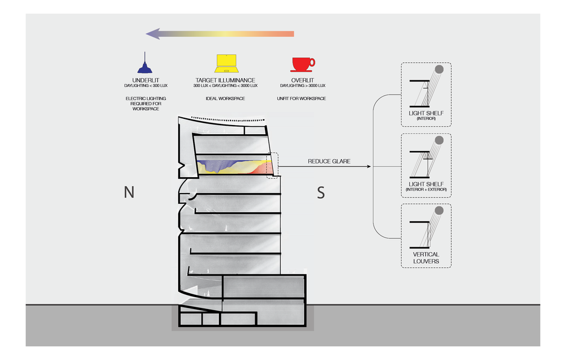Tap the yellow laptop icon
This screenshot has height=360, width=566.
point(225,63)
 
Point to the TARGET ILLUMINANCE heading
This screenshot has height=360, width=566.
point(225,80)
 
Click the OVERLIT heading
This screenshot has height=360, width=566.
point(303,80)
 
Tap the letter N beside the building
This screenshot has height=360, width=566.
point(129,192)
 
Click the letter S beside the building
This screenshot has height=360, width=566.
point(321,192)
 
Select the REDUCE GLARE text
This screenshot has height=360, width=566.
point(329,161)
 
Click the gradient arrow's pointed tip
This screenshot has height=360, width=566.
point(148,34)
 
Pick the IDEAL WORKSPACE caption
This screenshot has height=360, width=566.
point(225,98)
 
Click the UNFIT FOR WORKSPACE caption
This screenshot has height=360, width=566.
point(303,98)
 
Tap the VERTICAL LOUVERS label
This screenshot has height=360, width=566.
point(426,258)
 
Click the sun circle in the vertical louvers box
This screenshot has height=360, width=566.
point(439,211)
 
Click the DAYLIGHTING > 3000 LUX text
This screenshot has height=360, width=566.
point(303,85)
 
